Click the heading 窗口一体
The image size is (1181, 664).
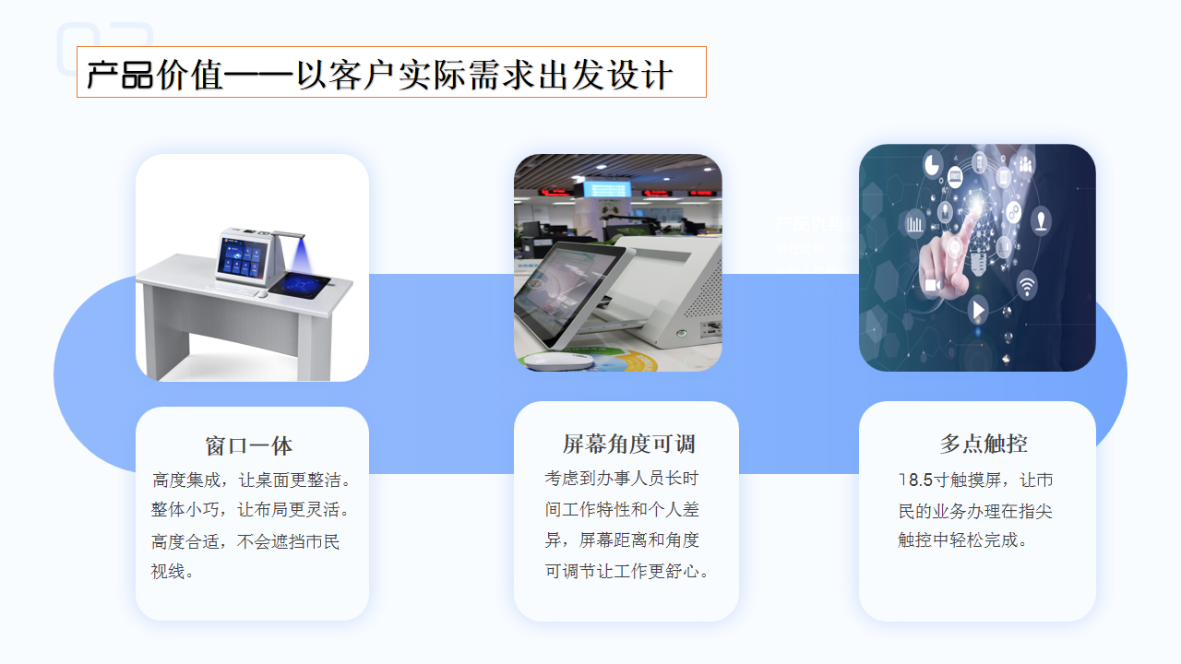[249, 446]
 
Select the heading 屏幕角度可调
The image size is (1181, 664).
[628, 444]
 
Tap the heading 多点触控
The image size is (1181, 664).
[984, 444]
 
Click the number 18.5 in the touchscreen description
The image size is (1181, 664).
[916, 480]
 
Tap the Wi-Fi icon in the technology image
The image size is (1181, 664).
[1027, 284]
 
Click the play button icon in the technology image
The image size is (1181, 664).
[978, 309]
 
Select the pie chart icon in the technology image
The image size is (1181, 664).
[932, 163]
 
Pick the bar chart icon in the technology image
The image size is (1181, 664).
[915, 223]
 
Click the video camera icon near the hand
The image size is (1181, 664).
[932, 285]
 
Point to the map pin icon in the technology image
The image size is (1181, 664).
[1041, 220]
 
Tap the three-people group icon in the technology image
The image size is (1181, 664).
[1025, 165]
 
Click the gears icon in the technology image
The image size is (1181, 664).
[1013, 211]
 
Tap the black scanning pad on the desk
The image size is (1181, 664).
[302, 285]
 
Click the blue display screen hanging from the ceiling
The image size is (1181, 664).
[606, 188]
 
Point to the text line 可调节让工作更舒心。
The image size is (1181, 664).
[628, 572]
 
